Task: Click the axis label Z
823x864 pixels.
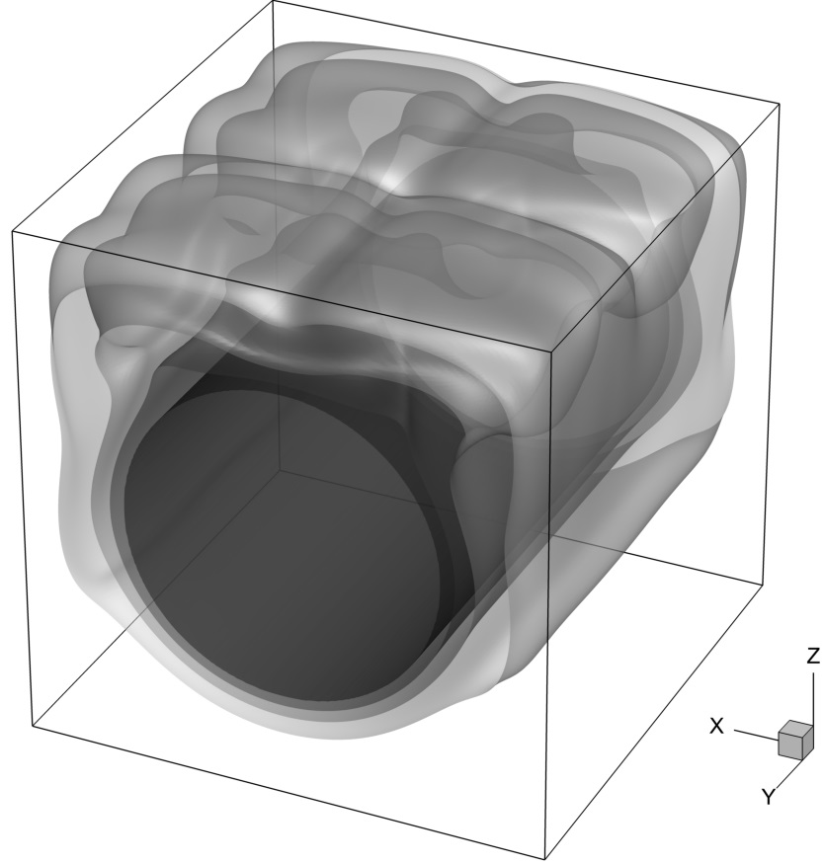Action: point(813,656)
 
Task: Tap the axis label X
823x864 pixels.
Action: point(716,726)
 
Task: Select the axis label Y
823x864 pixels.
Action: point(769,796)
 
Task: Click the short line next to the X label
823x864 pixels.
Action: point(756,735)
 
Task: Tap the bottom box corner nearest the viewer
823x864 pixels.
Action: point(545,859)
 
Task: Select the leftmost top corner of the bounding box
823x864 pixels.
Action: point(12,232)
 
